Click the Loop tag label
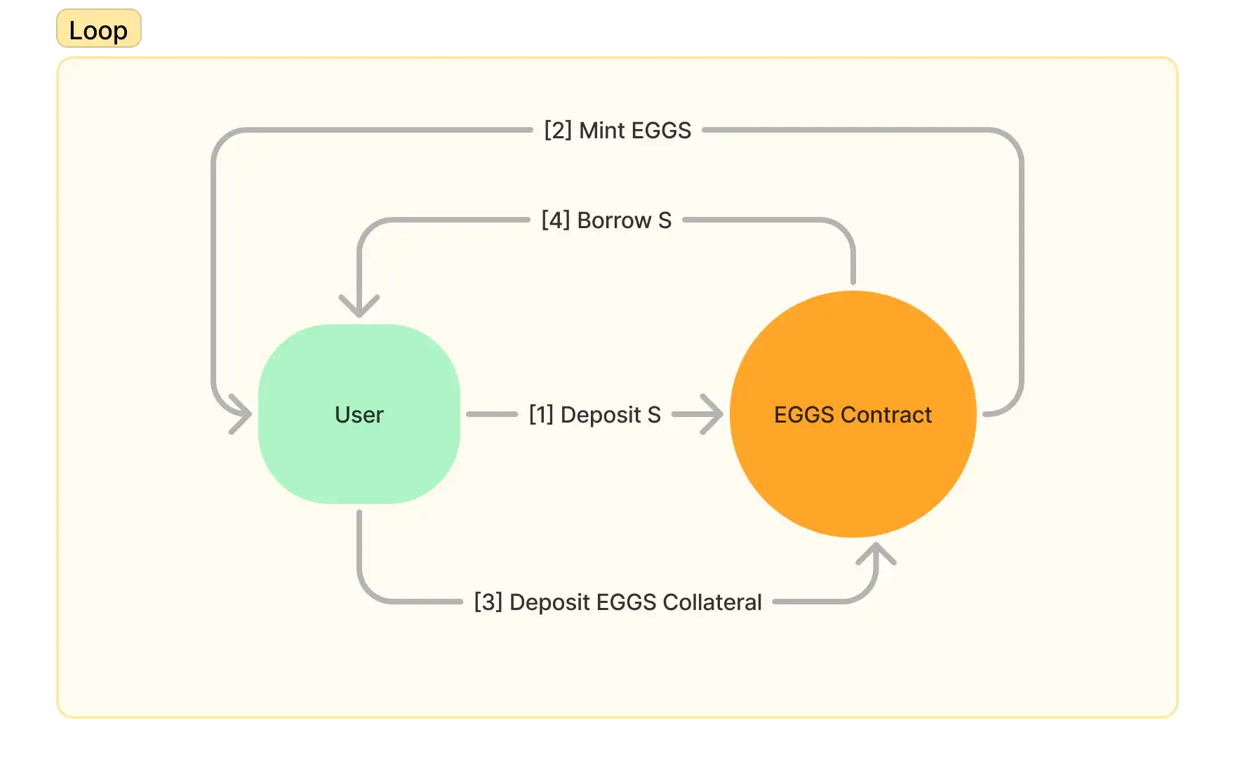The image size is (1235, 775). pyautogui.click(x=98, y=30)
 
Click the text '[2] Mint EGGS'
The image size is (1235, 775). pyautogui.click(x=617, y=131)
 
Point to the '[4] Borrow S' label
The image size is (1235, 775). pyautogui.click(x=606, y=220)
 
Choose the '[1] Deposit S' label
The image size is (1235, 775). pyautogui.click(x=594, y=415)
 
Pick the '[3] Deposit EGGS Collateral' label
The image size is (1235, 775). pyautogui.click(x=617, y=602)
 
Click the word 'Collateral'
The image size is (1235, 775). pyautogui.click(x=712, y=602)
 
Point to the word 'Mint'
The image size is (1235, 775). pyautogui.click(x=602, y=131)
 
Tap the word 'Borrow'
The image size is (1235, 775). pyautogui.click(x=614, y=220)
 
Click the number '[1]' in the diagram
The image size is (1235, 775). pyautogui.click(x=541, y=415)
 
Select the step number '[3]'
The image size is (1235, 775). pyautogui.click(x=488, y=602)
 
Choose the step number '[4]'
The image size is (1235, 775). pyautogui.click(x=555, y=220)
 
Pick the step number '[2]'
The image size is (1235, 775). pyautogui.click(x=558, y=131)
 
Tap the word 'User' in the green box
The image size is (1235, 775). pyautogui.click(x=359, y=415)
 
